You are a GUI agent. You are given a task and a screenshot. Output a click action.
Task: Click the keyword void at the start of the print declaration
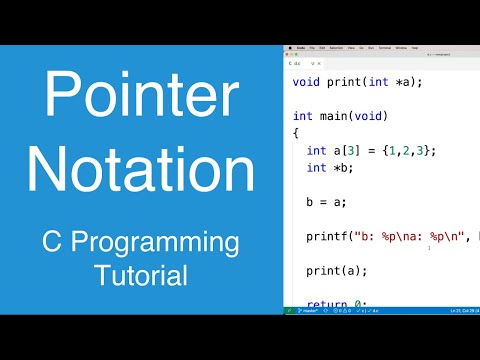pyautogui.click(x=308, y=81)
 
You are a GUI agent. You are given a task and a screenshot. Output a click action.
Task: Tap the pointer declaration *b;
pyautogui.click(x=343, y=167)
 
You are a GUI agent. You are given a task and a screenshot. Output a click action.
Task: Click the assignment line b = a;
pyautogui.click(x=326, y=201)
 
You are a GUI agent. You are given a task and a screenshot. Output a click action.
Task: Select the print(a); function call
pyautogui.click(x=337, y=270)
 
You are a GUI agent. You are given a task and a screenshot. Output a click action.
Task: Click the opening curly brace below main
pyautogui.click(x=296, y=132)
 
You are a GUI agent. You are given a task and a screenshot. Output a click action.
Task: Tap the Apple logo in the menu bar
pyautogui.click(x=289, y=47)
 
